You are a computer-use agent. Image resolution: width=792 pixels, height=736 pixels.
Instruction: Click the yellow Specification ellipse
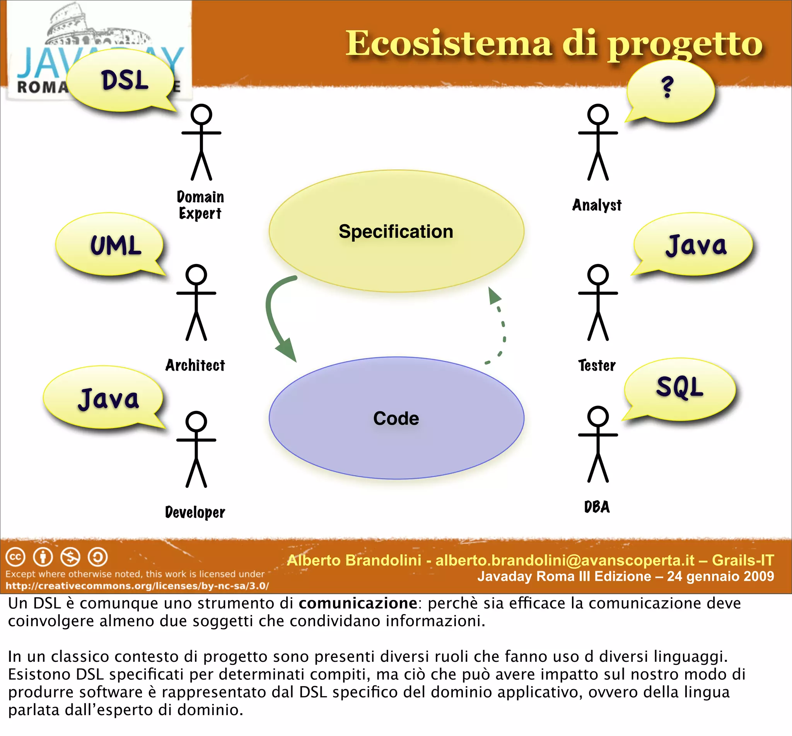tap(396, 232)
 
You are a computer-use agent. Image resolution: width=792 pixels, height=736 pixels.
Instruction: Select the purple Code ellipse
tap(396, 418)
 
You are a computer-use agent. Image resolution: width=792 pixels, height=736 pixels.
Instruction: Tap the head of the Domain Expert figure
tap(201, 115)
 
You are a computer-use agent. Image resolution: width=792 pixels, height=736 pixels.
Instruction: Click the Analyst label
tap(597, 205)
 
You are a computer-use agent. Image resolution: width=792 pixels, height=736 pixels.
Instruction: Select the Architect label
tap(195, 365)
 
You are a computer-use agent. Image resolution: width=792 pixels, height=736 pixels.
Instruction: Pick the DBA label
tap(597, 507)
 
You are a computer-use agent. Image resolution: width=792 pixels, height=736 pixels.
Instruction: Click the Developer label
tap(195, 512)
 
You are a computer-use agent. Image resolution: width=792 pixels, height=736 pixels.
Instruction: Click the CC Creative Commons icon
tap(15, 557)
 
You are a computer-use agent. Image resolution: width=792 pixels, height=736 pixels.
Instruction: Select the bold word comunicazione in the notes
tap(358, 603)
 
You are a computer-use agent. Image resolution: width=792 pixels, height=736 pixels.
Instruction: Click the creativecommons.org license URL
tap(137, 586)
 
